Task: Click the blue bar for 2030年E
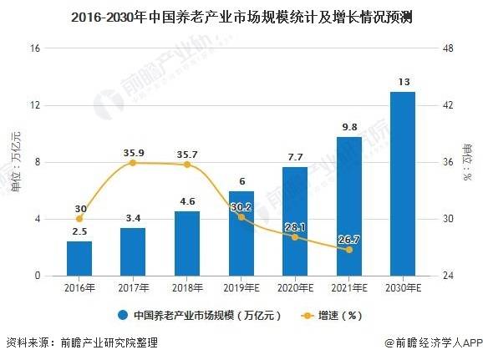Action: [x=403, y=184]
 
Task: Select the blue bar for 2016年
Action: [x=79, y=258]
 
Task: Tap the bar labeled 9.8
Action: [x=349, y=206]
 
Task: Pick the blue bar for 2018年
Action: [x=187, y=243]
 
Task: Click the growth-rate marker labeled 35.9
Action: [x=133, y=163]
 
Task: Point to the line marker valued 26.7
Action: [x=349, y=250]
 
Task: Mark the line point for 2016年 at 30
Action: [x=79, y=219]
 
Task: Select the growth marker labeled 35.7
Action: [x=187, y=165]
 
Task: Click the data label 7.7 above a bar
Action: [x=295, y=157]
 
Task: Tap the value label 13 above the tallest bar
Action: [x=404, y=82]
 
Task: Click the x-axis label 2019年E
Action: [x=241, y=288]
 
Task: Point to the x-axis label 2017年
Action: [x=134, y=288]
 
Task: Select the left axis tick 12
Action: [x=35, y=105]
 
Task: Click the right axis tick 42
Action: [x=448, y=105]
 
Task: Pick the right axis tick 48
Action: [x=448, y=48]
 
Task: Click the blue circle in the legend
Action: [x=123, y=316]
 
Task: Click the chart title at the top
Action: [x=241, y=18]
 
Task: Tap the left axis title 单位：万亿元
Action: [x=16, y=162]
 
